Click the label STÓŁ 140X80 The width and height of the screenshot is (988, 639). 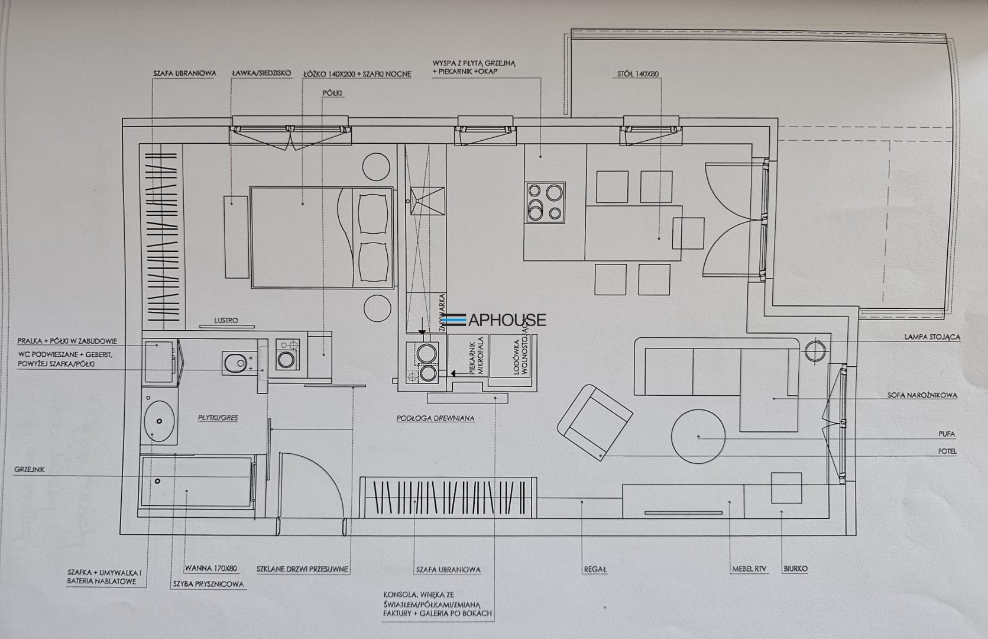[638, 74]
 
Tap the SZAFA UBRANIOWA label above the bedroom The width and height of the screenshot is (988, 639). [185, 73]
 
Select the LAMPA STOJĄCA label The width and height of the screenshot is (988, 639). [932, 337]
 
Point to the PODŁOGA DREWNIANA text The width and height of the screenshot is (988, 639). [435, 418]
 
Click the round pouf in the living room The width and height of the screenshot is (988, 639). [698, 437]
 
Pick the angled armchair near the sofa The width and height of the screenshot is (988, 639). [595, 422]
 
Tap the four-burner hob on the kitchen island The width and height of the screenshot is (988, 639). [545, 202]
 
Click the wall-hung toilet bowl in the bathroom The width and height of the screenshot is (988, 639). [235, 363]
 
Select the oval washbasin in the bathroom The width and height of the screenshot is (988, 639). [159, 421]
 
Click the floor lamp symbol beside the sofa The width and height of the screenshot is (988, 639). [815, 351]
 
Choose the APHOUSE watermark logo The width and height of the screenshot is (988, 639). [494, 319]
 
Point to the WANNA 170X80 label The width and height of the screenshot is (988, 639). [211, 568]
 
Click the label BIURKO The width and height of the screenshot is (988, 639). [795, 569]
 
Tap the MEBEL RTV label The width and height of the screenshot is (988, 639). [749, 569]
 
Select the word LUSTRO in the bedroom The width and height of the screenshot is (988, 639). [226, 320]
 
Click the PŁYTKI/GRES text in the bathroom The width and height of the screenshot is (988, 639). [218, 418]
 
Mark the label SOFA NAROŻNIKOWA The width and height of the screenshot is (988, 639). [922, 395]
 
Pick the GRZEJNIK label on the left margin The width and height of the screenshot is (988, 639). [30, 469]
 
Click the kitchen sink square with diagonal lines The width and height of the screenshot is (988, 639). [427, 201]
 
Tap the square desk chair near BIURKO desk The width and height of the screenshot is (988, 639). [786, 488]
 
